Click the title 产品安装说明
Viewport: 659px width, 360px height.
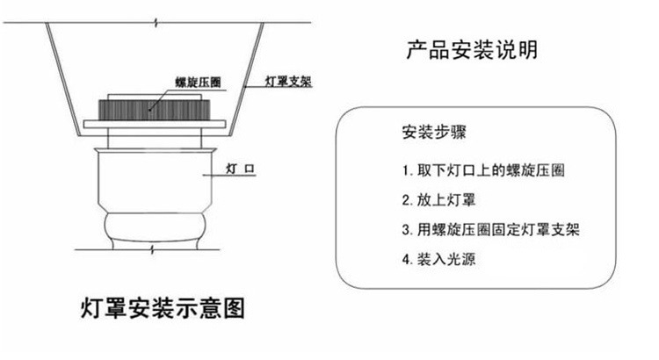(471, 50)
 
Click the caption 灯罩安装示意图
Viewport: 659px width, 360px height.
(161, 309)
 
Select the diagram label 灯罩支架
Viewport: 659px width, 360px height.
(289, 83)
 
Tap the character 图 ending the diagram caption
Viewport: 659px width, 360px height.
(231, 309)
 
